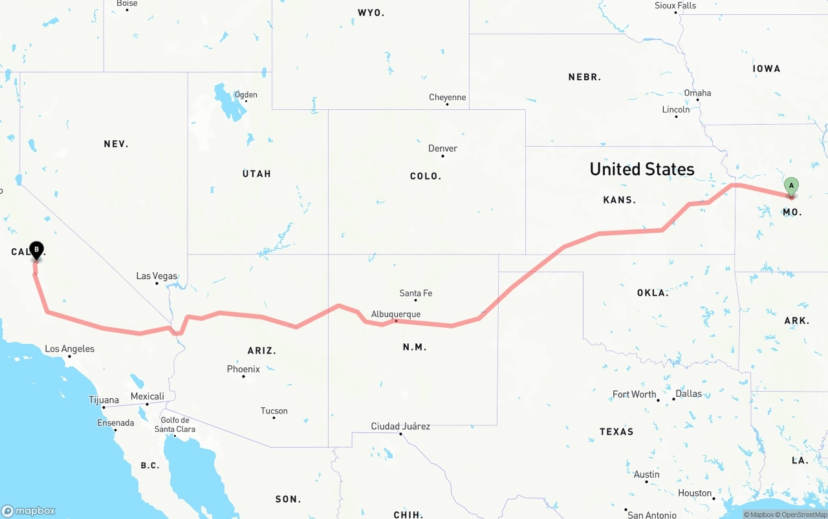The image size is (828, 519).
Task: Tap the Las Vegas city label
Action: [157, 276]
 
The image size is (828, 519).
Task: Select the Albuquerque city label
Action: [396, 314]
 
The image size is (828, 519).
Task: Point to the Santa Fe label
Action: [416, 293]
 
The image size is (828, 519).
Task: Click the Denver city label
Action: [442, 149]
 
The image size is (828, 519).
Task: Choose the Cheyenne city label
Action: [447, 98]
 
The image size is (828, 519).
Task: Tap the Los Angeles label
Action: [69, 349]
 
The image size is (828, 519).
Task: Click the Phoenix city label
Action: [243, 369]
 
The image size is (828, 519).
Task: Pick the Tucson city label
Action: [274, 411]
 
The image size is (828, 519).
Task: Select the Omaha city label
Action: [697, 93]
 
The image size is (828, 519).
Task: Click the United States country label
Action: [642, 169]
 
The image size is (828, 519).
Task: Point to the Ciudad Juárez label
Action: [400, 427]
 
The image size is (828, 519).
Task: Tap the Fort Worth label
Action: [634, 394]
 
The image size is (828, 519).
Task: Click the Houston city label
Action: [695, 493]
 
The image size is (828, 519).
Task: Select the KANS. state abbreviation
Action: [619, 200]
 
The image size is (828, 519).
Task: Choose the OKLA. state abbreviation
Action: [652, 293]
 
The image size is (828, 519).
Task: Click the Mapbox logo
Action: [28, 511]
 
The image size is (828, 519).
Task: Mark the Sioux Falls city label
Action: [675, 6]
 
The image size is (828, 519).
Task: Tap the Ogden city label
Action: [246, 95]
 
